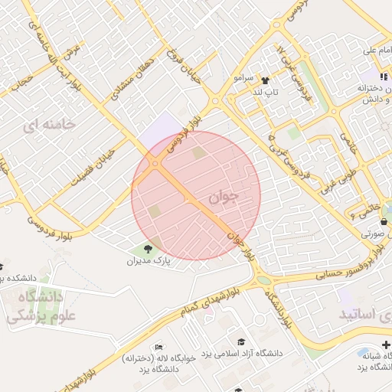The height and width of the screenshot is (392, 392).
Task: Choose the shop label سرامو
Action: [x=243, y=79]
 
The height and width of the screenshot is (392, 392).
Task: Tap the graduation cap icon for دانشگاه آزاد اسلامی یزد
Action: [x=241, y=341]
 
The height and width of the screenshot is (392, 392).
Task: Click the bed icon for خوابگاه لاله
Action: [x=158, y=347]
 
